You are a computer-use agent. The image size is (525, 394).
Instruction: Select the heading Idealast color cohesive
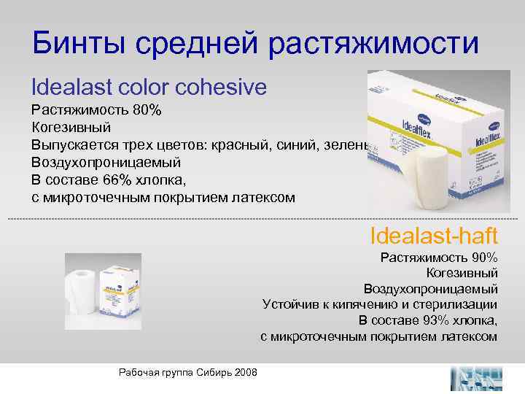coord(149,88)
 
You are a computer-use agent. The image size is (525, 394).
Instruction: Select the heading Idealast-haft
coord(434,236)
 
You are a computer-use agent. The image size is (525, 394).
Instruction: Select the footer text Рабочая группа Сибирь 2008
coord(187,373)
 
